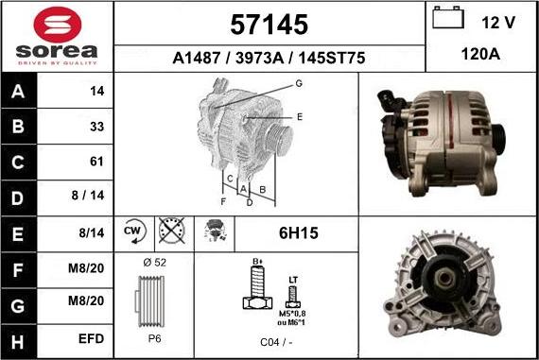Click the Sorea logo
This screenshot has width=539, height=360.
tap(57, 36)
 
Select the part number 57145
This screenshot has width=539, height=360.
tap(269, 24)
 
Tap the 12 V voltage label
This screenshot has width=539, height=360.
tap(497, 21)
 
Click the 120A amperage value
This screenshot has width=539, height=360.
tap(480, 56)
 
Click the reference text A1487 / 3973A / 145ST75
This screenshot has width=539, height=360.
tap(269, 58)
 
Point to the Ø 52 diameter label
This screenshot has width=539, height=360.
tap(153, 263)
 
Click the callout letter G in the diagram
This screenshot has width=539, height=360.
tap(298, 84)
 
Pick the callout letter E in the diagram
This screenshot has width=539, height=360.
tap(299, 116)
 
